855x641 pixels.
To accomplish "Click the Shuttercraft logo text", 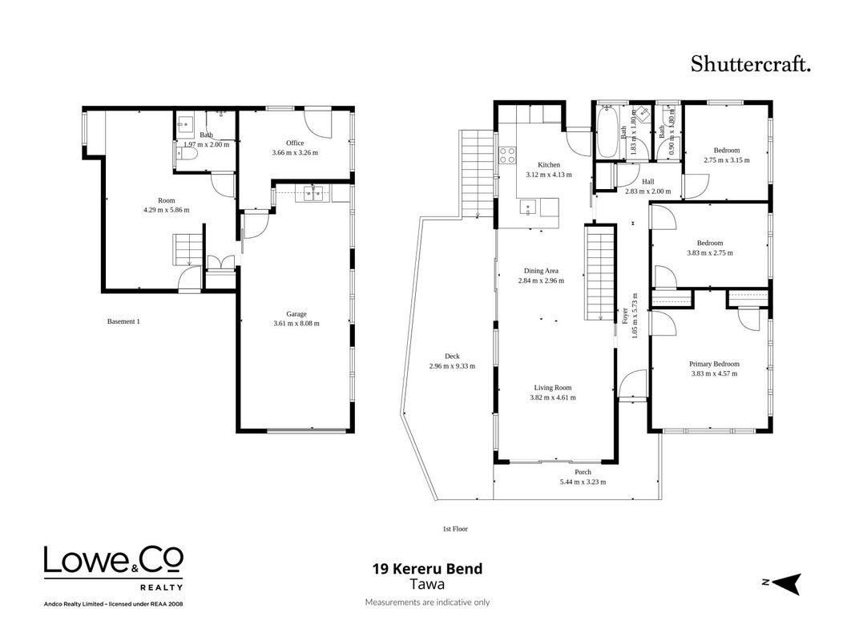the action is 751,64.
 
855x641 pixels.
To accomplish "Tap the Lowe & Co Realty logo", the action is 114,569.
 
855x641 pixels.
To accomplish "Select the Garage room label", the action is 296,314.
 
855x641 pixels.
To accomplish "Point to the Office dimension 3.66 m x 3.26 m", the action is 295,152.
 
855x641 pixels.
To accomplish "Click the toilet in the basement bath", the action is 187,154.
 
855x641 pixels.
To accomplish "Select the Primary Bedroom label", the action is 714,364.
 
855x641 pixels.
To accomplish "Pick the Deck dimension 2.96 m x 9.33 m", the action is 452,366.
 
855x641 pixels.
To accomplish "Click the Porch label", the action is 583,472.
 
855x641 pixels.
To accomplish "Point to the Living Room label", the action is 553,388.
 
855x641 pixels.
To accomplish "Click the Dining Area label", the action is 541,271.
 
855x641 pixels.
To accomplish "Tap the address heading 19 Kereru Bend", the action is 428,569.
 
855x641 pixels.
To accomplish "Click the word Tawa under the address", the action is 428,584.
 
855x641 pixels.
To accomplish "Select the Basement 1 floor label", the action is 123,321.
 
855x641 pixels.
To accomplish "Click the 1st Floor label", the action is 455,529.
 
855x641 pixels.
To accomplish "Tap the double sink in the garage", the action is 313,194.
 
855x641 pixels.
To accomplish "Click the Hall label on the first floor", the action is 647,182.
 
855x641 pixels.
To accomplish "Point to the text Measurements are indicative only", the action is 428,603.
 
